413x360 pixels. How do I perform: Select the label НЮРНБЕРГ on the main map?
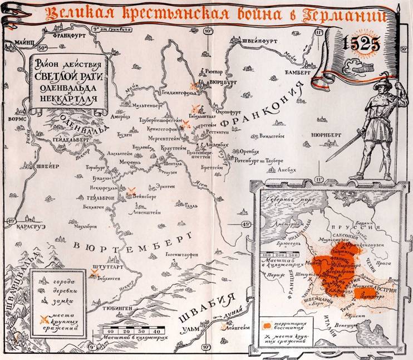coord(317,134)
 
